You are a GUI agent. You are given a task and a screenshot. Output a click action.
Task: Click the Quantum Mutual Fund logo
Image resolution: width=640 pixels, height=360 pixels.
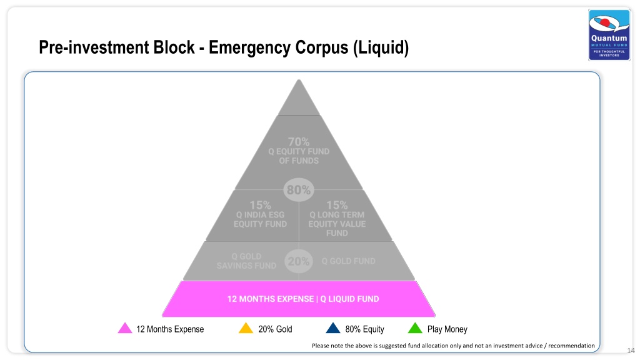click(x=609, y=35)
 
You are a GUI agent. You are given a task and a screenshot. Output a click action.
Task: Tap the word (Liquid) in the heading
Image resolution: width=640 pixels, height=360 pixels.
click(x=381, y=47)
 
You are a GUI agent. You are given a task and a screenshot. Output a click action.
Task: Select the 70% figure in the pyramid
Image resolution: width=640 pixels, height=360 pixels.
click(x=299, y=142)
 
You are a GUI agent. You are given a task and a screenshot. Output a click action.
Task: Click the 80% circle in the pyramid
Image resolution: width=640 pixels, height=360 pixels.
click(x=299, y=190)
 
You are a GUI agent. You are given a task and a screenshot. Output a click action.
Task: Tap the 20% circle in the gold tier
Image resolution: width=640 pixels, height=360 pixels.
click(x=298, y=261)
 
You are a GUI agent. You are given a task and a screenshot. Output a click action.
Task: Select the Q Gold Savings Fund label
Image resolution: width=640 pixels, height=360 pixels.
click(x=246, y=261)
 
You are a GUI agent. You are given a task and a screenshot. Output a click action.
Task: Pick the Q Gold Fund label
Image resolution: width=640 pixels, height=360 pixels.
click(x=348, y=261)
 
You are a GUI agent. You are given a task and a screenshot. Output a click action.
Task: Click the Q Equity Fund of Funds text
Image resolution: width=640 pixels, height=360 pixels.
click(x=299, y=156)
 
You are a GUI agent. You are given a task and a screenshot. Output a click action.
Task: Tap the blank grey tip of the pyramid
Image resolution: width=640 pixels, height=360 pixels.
click(x=299, y=100)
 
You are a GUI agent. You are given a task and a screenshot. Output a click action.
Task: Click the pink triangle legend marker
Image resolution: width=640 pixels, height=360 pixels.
click(x=125, y=329)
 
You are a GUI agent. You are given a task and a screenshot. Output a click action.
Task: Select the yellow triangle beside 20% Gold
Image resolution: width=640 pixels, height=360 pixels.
click(x=246, y=329)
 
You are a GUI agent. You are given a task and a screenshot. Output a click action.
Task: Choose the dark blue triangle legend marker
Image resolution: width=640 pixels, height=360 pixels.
click(x=333, y=329)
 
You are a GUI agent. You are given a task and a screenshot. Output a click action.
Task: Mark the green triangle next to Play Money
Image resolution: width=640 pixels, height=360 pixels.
click(x=415, y=329)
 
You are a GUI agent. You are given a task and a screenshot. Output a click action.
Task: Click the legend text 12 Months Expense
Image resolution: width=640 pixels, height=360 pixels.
click(x=170, y=329)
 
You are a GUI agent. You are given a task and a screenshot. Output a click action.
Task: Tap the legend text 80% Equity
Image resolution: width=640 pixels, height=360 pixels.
click(x=364, y=329)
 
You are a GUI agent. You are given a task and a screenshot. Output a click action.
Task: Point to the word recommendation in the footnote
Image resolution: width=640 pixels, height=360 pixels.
click(x=571, y=346)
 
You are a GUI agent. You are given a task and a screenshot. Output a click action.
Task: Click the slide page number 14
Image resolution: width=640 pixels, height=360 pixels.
click(x=631, y=351)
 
